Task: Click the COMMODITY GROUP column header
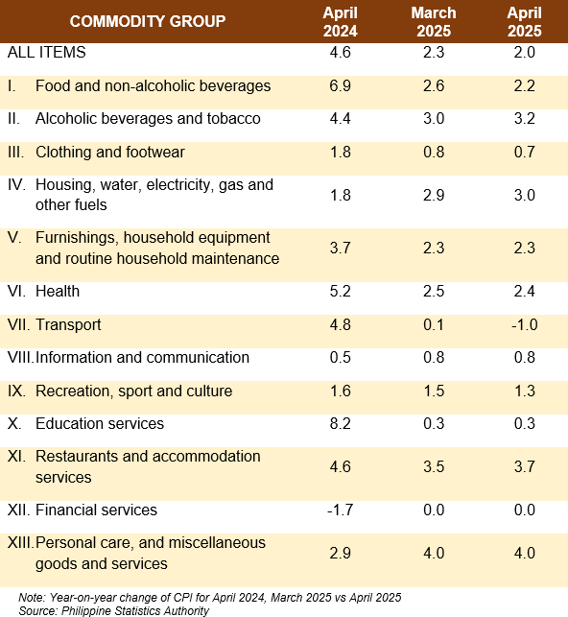pyautogui.click(x=148, y=21)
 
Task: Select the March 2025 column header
pyautogui.click(x=434, y=22)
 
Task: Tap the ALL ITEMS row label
pyautogui.click(x=46, y=53)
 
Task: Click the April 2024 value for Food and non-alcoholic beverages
pyautogui.click(x=341, y=85)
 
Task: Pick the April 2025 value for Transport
pyautogui.click(x=524, y=324)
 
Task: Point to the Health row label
pyautogui.click(x=58, y=291)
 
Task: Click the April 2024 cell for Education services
pyautogui.click(x=341, y=423)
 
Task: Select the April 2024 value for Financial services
pyautogui.click(x=341, y=510)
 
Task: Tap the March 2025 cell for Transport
pyautogui.click(x=434, y=324)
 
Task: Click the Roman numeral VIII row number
pyautogui.click(x=20, y=357)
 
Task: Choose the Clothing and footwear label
pyautogui.click(x=110, y=153)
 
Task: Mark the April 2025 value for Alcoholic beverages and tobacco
pyautogui.click(x=524, y=118)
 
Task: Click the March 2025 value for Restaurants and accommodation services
pyautogui.click(x=434, y=466)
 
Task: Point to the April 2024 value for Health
pyautogui.click(x=341, y=291)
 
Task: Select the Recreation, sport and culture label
pyautogui.click(x=133, y=392)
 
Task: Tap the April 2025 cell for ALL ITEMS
pyautogui.click(x=524, y=53)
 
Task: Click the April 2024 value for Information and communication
pyautogui.click(x=341, y=357)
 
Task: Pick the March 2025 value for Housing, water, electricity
pyautogui.click(x=434, y=195)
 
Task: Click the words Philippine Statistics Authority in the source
pyautogui.click(x=135, y=610)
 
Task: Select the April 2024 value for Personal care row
pyautogui.click(x=341, y=554)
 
